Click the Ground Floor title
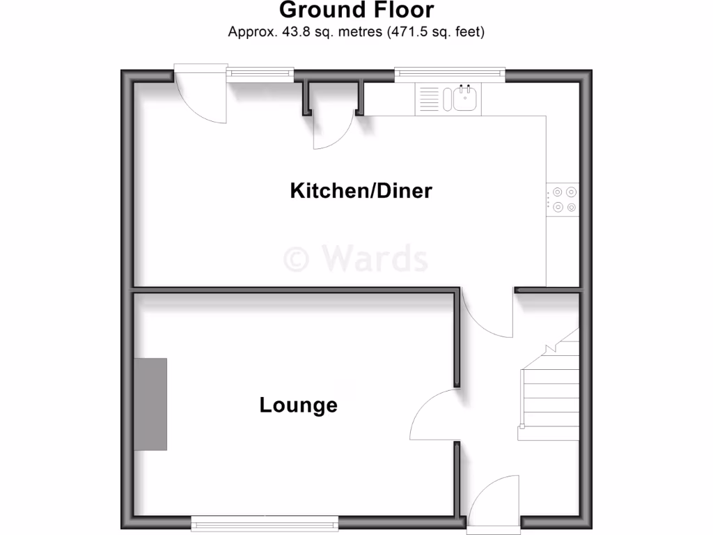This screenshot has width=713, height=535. click(x=356, y=10)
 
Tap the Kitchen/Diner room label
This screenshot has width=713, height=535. click(x=361, y=190)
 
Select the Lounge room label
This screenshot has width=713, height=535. click(x=298, y=405)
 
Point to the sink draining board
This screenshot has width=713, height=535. click(x=430, y=99)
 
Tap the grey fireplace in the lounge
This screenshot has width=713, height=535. click(x=150, y=404)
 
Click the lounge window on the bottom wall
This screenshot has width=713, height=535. click(x=265, y=521)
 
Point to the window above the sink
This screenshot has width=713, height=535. click(x=449, y=72)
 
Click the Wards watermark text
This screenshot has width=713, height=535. click(x=375, y=259)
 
